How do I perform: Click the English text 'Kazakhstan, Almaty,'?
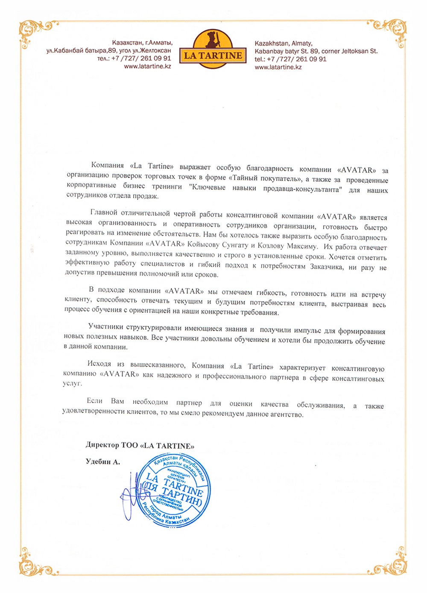pyautogui.click(x=284, y=43)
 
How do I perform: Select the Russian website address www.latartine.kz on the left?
pyautogui.click(x=148, y=66)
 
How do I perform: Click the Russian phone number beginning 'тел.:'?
pyautogui.click(x=134, y=59)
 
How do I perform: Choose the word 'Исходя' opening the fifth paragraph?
pyautogui.click(x=99, y=364)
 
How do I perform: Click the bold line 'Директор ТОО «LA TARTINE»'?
pyautogui.click(x=140, y=445)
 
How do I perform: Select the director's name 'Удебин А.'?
pyautogui.click(x=103, y=462)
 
